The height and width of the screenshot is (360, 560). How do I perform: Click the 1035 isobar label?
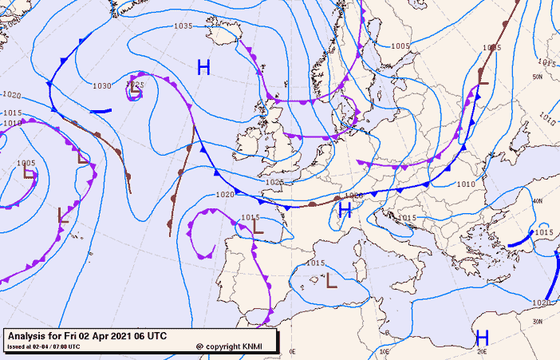click(x=183, y=26)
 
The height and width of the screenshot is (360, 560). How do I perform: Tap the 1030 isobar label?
click(x=102, y=85)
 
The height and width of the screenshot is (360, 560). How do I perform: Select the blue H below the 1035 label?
click(x=203, y=67)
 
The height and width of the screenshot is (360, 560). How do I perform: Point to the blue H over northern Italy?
click(x=345, y=211)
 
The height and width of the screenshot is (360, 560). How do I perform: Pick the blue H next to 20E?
click(x=482, y=337)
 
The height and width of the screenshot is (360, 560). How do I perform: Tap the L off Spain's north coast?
click(x=257, y=226)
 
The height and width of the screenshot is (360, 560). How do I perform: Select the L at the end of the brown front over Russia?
click(x=482, y=76)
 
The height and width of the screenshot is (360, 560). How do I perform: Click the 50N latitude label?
click(x=537, y=77)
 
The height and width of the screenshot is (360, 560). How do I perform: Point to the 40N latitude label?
click(x=537, y=201)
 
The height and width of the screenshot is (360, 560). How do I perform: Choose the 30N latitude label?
click(x=539, y=322)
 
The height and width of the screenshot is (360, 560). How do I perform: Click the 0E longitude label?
click(x=293, y=351)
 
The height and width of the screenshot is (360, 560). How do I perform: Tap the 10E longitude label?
click(x=385, y=351)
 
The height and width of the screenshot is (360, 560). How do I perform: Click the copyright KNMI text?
click(x=233, y=346)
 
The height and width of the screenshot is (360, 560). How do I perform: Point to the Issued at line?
click(x=43, y=346)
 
